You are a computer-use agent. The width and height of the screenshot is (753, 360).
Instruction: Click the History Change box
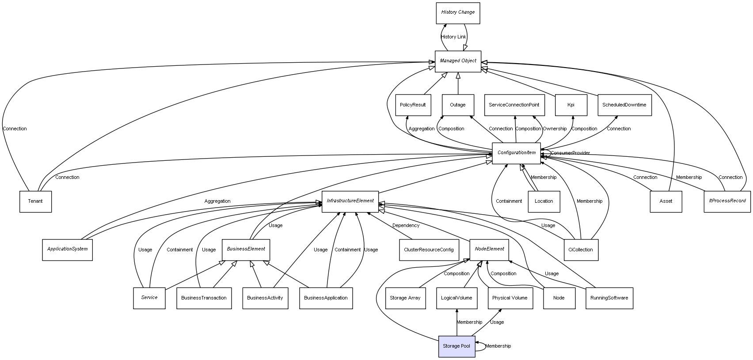click(457, 13)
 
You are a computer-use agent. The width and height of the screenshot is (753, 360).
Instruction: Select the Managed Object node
click(458, 61)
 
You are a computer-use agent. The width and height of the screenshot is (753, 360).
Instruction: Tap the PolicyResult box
click(413, 105)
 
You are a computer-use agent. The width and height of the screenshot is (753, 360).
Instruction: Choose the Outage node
click(458, 105)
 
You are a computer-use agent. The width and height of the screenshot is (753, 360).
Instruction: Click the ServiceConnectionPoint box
click(514, 105)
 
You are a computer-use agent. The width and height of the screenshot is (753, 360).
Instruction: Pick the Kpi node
click(571, 105)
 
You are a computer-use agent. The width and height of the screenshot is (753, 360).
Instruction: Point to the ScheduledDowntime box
click(624, 105)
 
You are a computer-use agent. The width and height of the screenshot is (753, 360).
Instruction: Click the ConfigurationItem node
click(516, 153)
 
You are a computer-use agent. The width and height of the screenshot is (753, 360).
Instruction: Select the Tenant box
click(35, 201)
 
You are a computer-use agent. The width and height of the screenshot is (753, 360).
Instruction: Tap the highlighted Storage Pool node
click(456, 346)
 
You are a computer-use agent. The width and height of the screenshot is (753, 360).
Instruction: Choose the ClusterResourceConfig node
click(428, 250)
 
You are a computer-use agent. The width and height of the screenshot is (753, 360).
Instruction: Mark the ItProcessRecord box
click(727, 201)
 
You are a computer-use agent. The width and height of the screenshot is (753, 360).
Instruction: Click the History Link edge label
click(453, 37)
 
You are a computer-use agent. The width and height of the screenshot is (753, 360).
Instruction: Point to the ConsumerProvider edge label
click(570, 153)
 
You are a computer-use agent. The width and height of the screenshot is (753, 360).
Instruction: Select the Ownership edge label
click(555, 129)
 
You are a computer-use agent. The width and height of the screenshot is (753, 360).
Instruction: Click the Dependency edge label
click(406, 226)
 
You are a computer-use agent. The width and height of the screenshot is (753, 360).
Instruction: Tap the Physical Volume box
click(510, 298)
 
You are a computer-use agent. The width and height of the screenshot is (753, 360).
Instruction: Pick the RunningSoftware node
click(609, 298)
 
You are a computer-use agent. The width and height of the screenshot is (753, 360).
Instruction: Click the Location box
click(544, 201)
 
